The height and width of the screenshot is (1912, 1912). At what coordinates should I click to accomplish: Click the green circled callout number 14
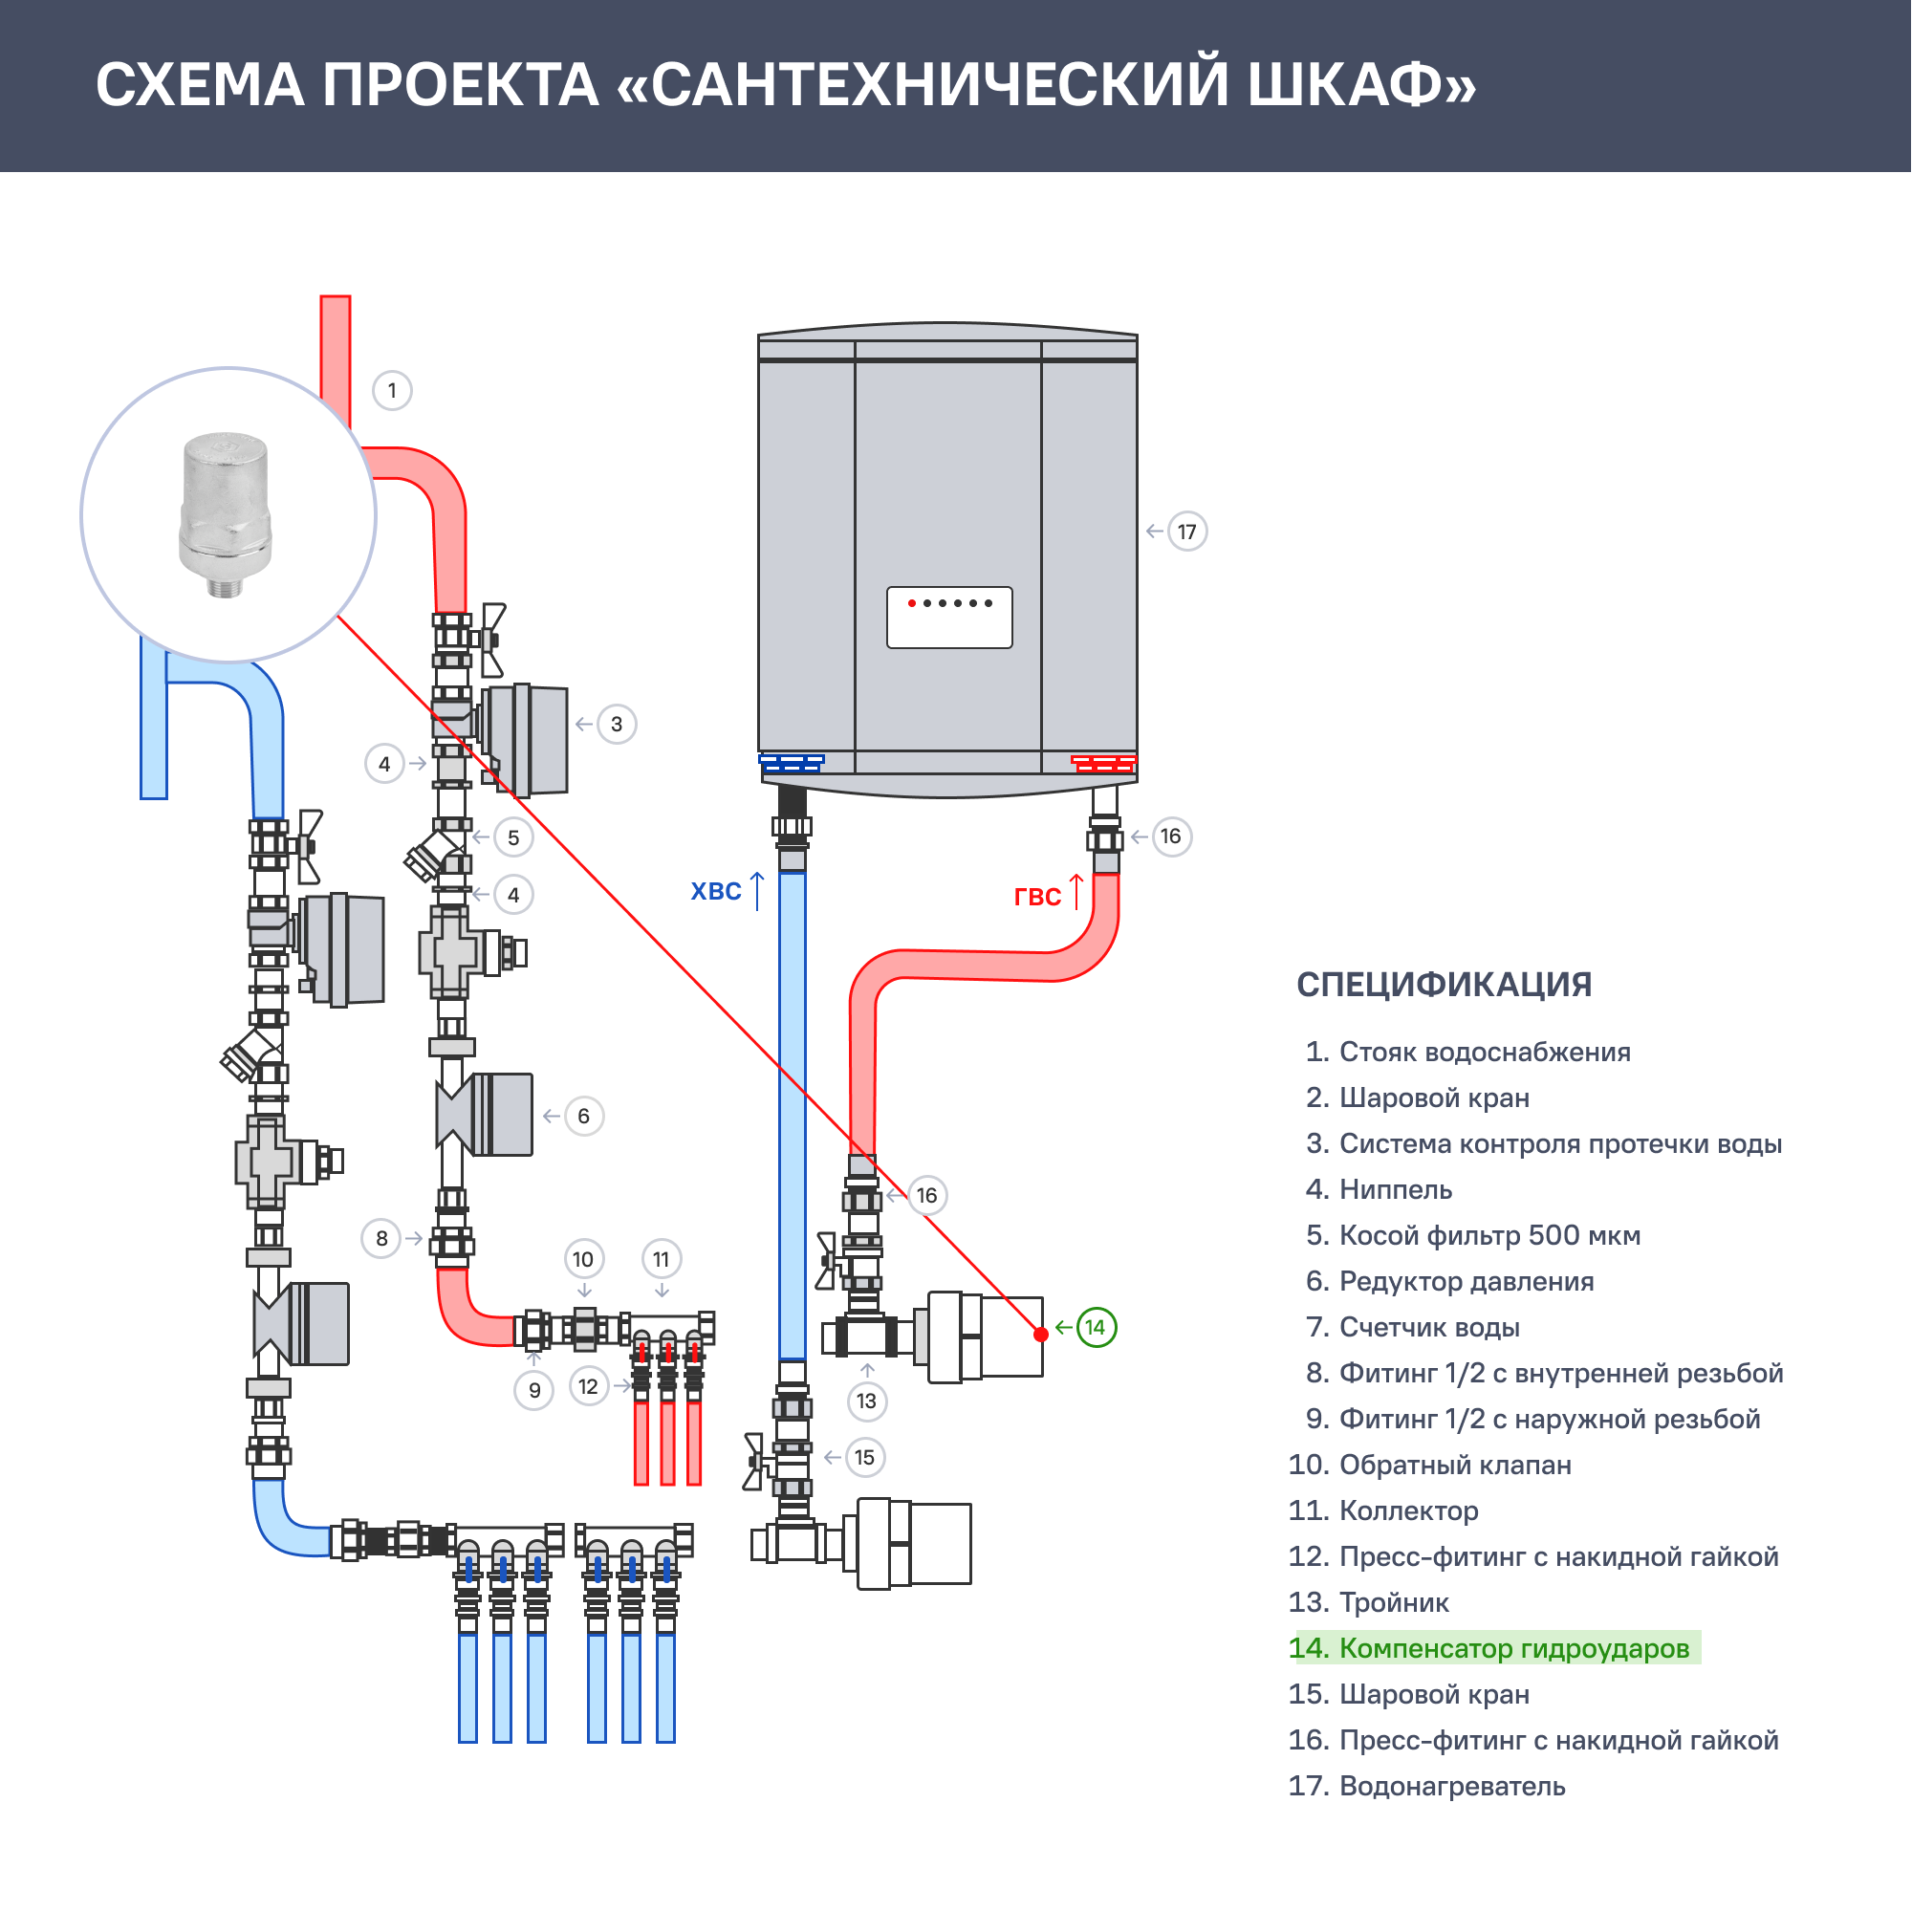pyautogui.click(x=1096, y=1328)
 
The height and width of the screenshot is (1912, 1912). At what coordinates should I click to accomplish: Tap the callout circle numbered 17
pyautogui.click(x=1187, y=532)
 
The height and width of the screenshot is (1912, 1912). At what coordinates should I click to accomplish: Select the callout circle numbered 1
pyautogui.click(x=392, y=391)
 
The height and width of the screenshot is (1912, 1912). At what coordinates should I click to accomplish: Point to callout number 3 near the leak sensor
pyautogui.click(x=617, y=725)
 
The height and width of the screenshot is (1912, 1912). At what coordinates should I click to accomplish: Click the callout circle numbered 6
pyautogui.click(x=584, y=1117)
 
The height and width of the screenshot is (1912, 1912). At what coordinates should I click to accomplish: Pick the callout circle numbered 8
pyautogui.click(x=382, y=1239)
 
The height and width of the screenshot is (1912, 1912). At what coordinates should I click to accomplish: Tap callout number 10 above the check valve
pyautogui.click(x=583, y=1260)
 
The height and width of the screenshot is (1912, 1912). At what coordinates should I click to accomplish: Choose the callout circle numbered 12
pyautogui.click(x=589, y=1386)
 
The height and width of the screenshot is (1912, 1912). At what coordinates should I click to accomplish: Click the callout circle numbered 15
pyautogui.click(x=865, y=1458)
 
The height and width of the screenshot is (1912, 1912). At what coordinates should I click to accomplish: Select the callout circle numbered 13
pyautogui.click(x=867, y=1401)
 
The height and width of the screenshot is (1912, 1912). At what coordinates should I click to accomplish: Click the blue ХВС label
pyautogui.click(x=716, y=892)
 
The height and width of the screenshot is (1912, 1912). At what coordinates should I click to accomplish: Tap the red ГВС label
pyautogui.click(x=1037, y=897)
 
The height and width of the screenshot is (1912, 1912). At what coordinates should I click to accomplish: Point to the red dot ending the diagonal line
pyautogui.click(x=1041, y=1335)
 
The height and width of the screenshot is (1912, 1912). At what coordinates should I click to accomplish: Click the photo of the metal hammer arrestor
pyautogui.click(x=226, y=513)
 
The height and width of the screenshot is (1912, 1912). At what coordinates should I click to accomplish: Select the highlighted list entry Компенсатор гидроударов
pyautogui.click(x=1493, y=1649)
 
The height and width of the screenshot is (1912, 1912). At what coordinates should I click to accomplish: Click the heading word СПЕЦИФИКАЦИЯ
pyautogui.click(x=1444, y=986)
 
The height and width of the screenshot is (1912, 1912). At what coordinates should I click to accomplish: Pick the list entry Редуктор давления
pyautogui.click(x=1466, y=1282)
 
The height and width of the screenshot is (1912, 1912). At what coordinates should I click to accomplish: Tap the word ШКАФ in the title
pyautogui.click(x=1360, y=85)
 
